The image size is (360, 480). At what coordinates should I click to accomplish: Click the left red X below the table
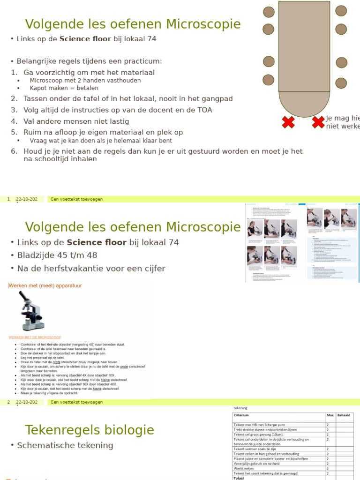click(288, 123)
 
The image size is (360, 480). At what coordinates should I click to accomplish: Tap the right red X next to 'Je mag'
click(318, 123)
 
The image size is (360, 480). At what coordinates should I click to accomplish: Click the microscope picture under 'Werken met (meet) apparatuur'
click(31, 311)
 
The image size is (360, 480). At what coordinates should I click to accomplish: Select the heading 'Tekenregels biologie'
click(89, 430)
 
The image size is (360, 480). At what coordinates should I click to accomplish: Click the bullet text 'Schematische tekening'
click(65, 445)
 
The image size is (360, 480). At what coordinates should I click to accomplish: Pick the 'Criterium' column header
click(241, 415)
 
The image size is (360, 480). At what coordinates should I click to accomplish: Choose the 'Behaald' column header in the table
click(344, 415)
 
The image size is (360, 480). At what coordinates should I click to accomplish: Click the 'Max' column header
click(330, 415)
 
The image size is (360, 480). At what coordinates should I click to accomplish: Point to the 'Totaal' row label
click(240, 478)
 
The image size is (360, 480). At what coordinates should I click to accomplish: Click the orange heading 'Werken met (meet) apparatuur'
click(45, 285)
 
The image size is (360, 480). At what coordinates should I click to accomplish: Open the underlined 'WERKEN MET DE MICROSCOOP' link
click(35, 337)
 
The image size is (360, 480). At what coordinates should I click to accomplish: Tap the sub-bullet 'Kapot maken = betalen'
click(64, 88)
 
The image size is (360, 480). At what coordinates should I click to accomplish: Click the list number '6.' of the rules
click(14, 151)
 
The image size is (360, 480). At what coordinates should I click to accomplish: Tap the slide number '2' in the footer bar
click(8, 402)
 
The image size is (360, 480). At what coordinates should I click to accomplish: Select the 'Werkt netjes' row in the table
click(244, 468)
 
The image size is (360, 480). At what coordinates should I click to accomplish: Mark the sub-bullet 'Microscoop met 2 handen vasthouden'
click(85, 81)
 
